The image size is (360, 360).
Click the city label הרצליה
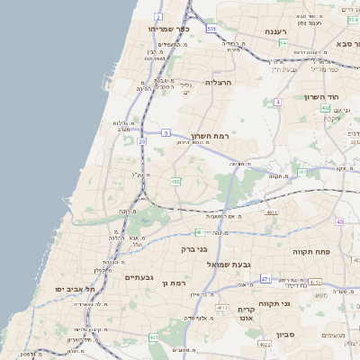(x=220, y=82)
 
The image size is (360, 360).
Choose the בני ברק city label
(x=194, y=248)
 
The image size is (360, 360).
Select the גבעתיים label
(x=142, y=276)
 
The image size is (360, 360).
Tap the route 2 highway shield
(x=159, y=17)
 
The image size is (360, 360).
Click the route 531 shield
(x=211, y=29)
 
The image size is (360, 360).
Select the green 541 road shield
(x=283, y=42)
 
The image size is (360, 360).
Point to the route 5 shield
(x=166, y=132)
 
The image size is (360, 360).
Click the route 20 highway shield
(x=142, y=141)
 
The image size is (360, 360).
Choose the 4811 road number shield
(x=272, y=212)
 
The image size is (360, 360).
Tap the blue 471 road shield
(x=266, y=280)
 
